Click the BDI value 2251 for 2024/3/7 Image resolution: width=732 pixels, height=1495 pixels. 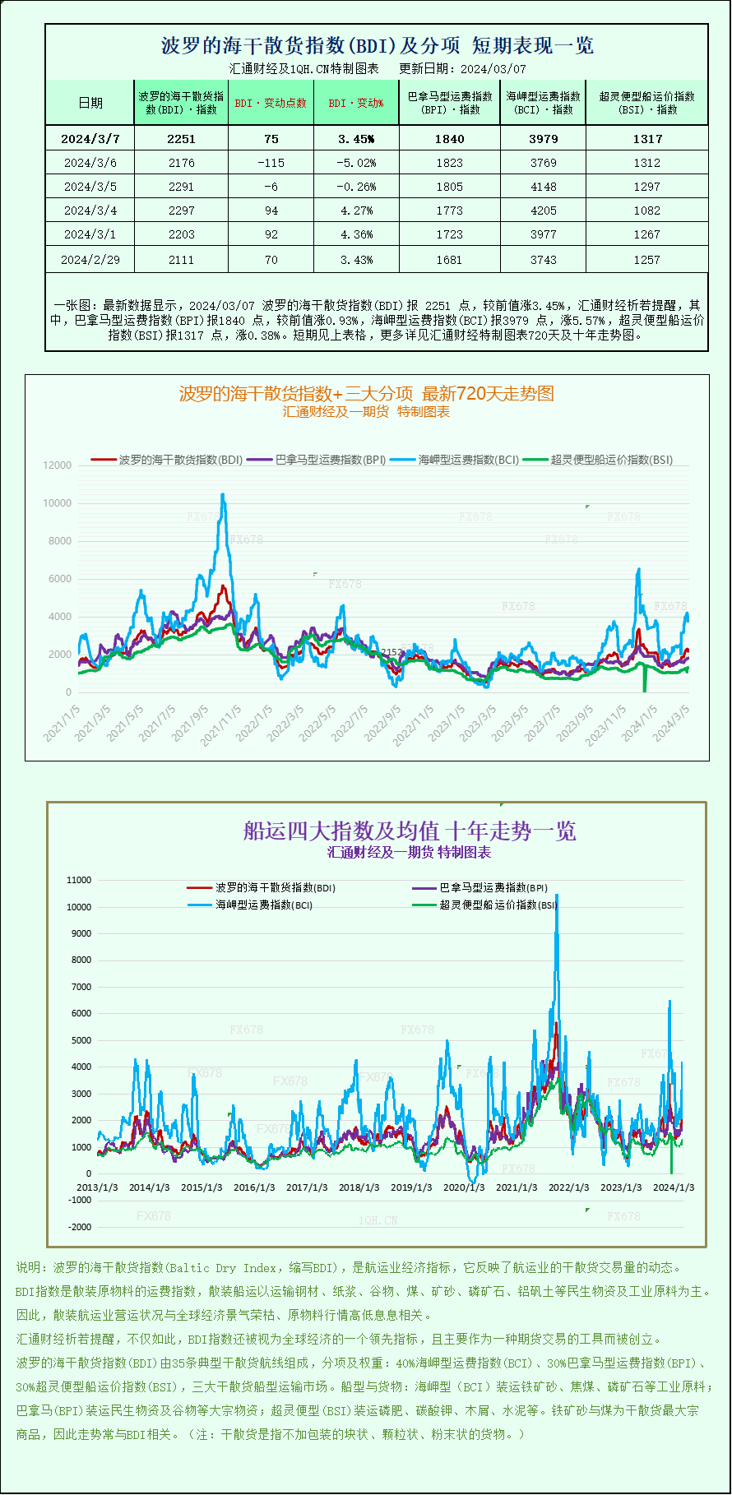(x=181, y=139)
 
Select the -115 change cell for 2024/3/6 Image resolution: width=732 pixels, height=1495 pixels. (x=271, y=163)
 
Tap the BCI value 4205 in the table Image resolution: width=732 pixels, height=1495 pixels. (x=543, y=211)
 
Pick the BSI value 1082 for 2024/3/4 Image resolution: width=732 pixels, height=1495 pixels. (x=646, y=211)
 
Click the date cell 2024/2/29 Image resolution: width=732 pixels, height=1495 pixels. (x=90, y=259)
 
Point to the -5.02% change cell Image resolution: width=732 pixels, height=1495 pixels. (x=356, y=163)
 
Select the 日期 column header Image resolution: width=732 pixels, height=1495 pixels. (x=90, y=103)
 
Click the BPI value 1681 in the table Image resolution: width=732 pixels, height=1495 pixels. (x=449, y=259)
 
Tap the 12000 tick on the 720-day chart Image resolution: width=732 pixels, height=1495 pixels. (x=58, y=465)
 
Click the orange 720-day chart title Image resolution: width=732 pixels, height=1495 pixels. (x=366, y=393)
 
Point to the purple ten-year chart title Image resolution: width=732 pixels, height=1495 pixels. (x=410, y=831)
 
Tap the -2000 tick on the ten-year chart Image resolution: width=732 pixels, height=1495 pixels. (x=80, y=1227)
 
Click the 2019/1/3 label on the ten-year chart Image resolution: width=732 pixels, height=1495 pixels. (x=411, y=1187)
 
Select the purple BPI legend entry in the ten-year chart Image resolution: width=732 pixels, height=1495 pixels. (x=493, y=888)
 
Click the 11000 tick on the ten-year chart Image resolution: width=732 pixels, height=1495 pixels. (x=79, y=880)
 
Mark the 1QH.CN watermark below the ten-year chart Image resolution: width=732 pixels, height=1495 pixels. (x=378, y=1220)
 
